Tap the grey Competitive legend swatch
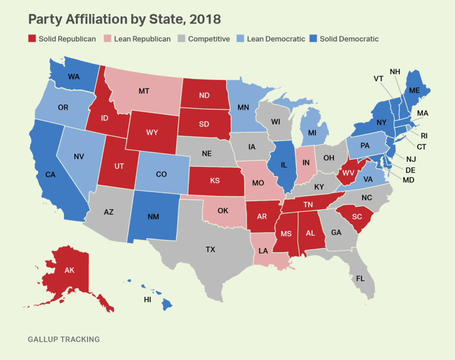point(182,39)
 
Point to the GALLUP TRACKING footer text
point(64,340)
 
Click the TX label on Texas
point(210,250)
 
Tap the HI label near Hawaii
point(148,300)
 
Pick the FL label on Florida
point(360,279)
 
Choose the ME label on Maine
point(414,90)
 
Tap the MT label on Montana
point(144,91)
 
